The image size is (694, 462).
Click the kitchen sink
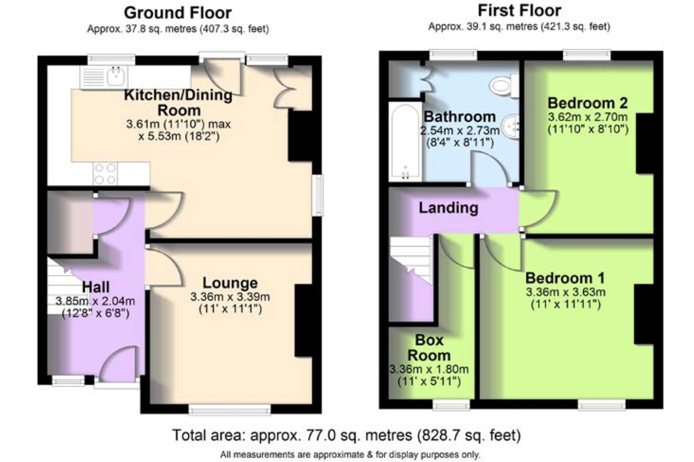click(104, 77)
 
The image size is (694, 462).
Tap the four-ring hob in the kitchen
click(105, 174)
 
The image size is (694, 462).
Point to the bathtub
click(405, 142)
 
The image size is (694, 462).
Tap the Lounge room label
click(230, 283)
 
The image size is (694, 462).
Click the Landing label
click(448, 207)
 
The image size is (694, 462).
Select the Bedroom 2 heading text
click(588, 103)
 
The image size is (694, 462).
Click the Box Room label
click(429, 348)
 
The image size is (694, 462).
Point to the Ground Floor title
click(178, 13)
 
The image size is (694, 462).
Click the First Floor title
click(519, 11)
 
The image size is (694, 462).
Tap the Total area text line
click(347, 435)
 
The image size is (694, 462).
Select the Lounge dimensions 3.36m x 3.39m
click(230, 297)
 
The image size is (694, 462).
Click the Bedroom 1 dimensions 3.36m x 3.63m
click(565, 292)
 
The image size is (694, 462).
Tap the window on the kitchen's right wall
click(317, 195)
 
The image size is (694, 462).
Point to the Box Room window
click(451, 404)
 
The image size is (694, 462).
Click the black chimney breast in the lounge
click(303, 320)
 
